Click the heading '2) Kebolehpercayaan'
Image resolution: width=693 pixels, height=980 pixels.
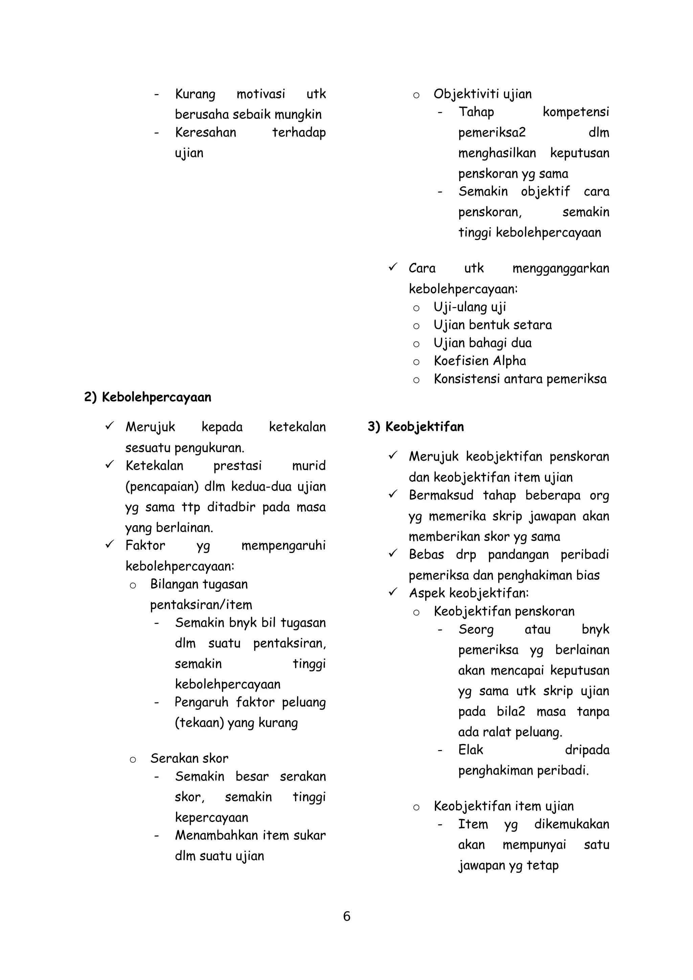(x=148, y=397)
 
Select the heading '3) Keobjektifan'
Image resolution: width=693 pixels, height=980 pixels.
(x=416, y=426)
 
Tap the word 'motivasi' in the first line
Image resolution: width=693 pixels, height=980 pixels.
(x=261, y=94)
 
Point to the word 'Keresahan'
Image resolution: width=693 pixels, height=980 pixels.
(x=205, y=132)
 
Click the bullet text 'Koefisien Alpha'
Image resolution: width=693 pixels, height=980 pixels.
(x=479, y=361)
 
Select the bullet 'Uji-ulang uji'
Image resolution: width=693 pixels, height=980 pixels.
(x=470, y=307)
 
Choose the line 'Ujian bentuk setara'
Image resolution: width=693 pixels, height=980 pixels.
(x=492, y=325)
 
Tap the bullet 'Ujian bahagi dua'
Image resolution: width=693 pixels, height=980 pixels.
(x=483, y=343)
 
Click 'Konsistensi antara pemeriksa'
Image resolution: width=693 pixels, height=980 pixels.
(x=520, y=379)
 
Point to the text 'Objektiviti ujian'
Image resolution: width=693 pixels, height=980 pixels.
(x=483, y=94)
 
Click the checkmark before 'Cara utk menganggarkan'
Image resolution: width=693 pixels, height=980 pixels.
(x=393, y=267)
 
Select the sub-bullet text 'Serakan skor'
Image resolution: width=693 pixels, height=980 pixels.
(x=189, y=758)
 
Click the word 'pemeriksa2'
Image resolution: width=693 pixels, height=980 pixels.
(x=491, y=133)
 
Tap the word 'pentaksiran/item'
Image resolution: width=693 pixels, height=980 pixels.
(x=201, y=605)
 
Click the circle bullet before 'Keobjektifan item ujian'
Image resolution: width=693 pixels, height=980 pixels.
(x=416, y=807)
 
